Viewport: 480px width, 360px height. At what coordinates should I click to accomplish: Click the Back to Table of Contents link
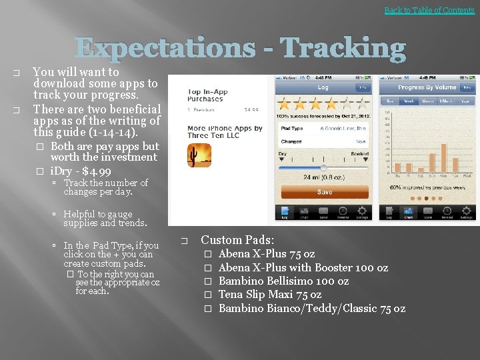[x=429, y=10]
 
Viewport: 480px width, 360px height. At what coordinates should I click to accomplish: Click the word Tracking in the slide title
[x=342, y=49]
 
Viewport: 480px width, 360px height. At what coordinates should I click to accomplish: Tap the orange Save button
[x=325, y=191]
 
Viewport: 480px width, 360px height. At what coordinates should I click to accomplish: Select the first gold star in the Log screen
[x=285, y=103]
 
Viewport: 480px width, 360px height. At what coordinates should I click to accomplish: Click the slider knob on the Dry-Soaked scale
[x=324, y=167]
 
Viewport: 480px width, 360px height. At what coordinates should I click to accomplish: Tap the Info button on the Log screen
[x=363, y=87]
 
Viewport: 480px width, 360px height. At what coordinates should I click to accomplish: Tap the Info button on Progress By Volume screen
[x=467, y=87]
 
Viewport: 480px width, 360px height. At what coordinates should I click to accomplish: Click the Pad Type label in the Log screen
[x=292, y=128]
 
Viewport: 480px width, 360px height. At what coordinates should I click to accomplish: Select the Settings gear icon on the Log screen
[x=362, y=212]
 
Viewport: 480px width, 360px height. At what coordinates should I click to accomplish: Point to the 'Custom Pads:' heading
[x=237, y=240]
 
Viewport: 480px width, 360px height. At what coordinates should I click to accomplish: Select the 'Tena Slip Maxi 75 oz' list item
[x=270, y=294]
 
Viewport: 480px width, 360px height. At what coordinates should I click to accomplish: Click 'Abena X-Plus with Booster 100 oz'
[x=303, y=267]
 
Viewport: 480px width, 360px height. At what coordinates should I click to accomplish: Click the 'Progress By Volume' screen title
[x=427, y=87]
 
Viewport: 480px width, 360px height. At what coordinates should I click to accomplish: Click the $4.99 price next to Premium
[x=251, y=109]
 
